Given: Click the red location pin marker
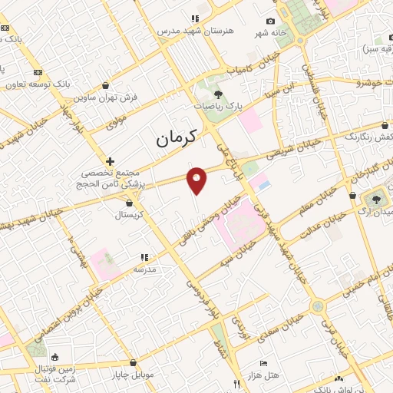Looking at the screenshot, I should [197, 180].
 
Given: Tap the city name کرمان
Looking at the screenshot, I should [176, 138].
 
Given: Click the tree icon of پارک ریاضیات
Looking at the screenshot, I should [219, 94].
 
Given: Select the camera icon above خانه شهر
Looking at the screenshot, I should [270, 21].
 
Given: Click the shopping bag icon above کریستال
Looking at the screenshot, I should [128, 203].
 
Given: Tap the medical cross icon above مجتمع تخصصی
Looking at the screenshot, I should [111, 162].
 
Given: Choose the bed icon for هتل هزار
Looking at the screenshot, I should [264, 363].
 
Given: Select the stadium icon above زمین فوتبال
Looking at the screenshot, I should [54, 357].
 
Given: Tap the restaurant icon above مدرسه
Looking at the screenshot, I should [144, 257].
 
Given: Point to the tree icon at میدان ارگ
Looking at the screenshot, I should [376, 200].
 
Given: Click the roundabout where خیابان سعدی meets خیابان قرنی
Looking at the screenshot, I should [317, 306].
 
